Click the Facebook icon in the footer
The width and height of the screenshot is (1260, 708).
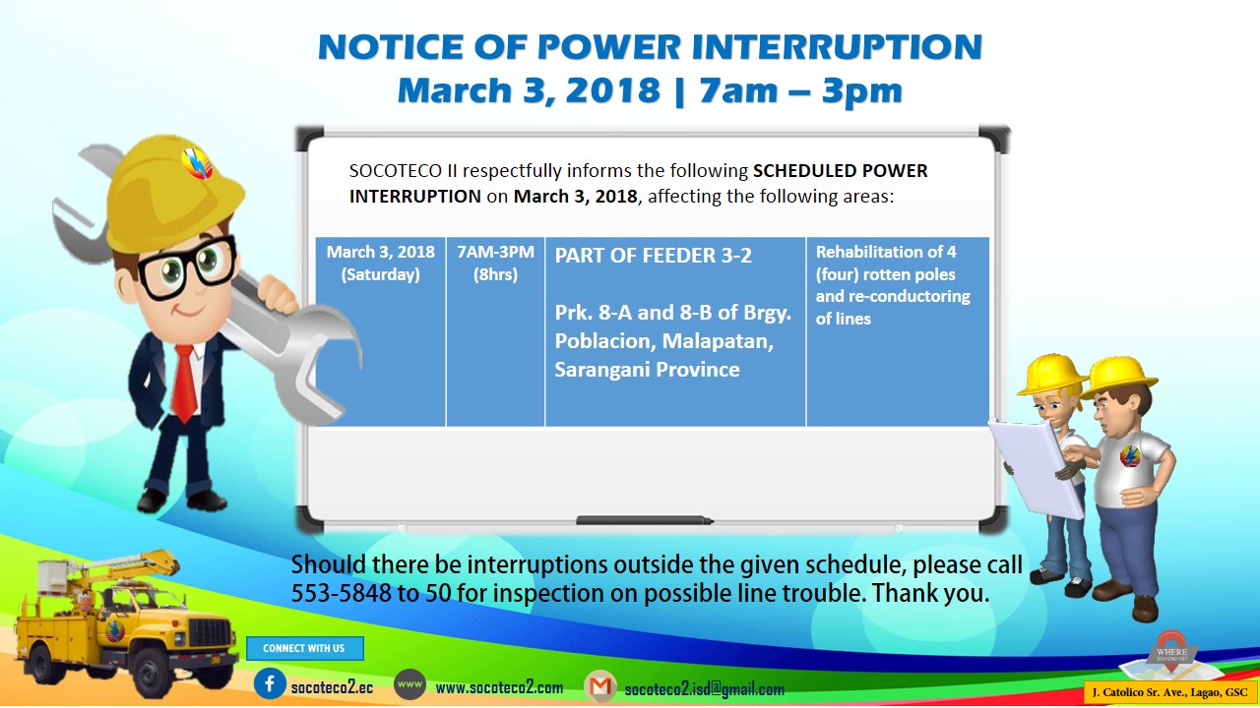coord(270,683)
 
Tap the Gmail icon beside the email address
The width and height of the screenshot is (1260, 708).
coord(600,686)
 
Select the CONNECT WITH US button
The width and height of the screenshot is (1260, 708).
coord(304,648)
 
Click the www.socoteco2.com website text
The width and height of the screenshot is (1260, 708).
coord(499,687)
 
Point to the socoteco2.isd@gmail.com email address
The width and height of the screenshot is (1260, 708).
coord(704,689)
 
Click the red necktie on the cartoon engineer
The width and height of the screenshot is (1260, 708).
coord(184,383)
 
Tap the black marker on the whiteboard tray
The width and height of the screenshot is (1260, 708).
coord(645,520)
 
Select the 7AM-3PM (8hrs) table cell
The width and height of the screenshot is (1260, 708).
coord(495,331)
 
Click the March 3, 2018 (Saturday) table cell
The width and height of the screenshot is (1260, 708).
coord(380,331)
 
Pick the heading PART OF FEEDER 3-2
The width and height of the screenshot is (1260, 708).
coord(653,256)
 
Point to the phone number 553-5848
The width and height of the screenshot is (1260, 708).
coord(341,593)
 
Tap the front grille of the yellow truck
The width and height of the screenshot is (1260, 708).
coord(210,632)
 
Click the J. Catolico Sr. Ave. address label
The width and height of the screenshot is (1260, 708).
coord(1169,693)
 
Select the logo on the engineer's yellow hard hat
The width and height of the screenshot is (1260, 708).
coord(197,163)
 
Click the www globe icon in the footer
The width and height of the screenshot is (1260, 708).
coord(409,684)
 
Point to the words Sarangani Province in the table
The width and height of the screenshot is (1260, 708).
coord(647,370)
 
